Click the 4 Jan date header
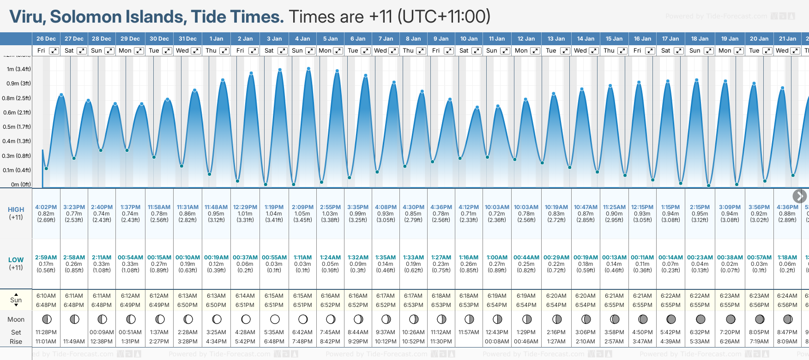coord(303,39)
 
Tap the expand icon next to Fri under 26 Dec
coord(54,51)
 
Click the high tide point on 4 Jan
coord(308,69)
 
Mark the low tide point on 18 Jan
coord(708,186)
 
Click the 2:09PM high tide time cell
coord(302,207)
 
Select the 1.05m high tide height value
coord(302,214)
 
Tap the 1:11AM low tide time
coord(302,258)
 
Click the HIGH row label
coord(16,210)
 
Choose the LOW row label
coord(16,260)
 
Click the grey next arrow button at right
coord(799,196)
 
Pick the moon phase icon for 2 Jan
coord(246,319)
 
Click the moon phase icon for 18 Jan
coord(700,319)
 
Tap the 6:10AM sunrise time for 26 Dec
coord(46,296)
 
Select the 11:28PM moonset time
coord(46,332)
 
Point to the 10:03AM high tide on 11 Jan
coord(497,207)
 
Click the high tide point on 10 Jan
coord(477,108)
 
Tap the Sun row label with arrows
coord(16,300)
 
